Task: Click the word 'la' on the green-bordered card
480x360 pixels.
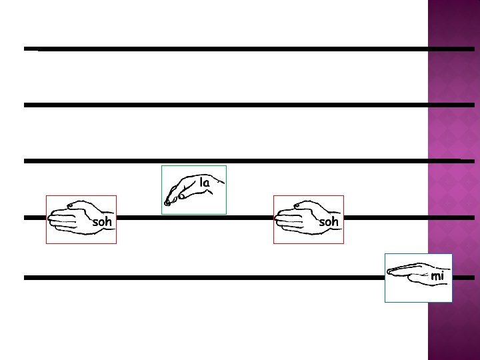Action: point(205,182)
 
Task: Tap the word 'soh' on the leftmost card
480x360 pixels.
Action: point(102,222)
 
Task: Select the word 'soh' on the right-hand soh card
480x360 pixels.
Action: point(329,221)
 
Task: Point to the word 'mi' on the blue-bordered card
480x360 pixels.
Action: point(437,275)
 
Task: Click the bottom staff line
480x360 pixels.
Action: point(200,277)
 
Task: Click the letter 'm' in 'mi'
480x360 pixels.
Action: point(435,276)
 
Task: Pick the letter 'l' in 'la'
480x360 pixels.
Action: point(201,181)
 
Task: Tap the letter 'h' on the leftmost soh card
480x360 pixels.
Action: point(109,221)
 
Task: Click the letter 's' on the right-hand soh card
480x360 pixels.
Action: point(322,222)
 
